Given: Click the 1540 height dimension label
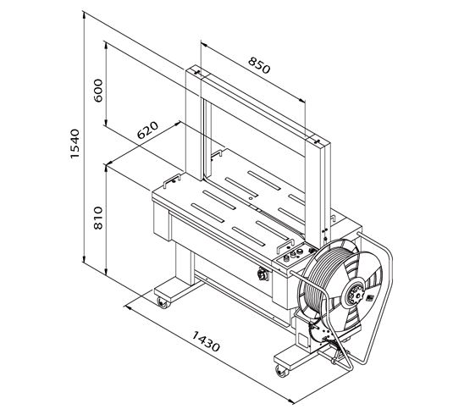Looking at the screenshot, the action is [x=75, y=144].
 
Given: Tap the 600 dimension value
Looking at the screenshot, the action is [x=98, y=91].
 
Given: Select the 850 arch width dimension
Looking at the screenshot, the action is [x=259, y=65].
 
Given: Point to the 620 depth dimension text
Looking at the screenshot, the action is [x=147, y=130].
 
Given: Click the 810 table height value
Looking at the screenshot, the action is [x=98, y=218].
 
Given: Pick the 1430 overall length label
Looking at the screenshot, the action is [x=206, y=341].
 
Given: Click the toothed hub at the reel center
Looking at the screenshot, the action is [x=354, y=293].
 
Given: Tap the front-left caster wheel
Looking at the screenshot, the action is [x=163, y=302].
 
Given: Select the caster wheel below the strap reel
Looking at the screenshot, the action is [x=281, y=371].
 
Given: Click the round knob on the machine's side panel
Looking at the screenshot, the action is [x=262, y=274].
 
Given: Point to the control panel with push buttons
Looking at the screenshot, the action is [x=293, y=256].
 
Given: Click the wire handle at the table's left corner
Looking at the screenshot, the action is [x=172, y=180].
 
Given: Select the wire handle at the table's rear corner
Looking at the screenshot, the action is [x=217, y=154].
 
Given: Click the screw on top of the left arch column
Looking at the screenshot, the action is [x=197, y=72].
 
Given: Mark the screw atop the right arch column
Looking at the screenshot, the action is [x=317, y=141].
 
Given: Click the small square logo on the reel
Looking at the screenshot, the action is [x=369, y=298].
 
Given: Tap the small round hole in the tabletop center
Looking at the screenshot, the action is [x=251, y=197].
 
